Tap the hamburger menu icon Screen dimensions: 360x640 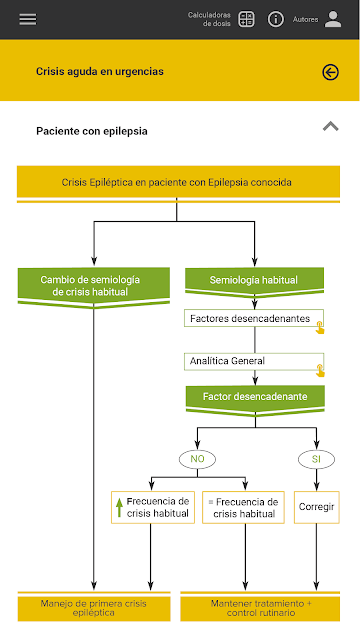28,19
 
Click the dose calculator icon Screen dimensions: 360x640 246,19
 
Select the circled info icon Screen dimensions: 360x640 276,19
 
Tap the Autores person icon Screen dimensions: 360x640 333,19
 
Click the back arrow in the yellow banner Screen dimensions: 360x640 330,72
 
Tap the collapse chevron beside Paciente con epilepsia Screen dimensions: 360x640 331,127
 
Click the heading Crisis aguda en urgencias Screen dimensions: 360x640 100,71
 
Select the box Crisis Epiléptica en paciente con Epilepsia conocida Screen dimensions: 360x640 178,182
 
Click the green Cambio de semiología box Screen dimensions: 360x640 94,285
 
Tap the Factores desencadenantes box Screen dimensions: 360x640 254,318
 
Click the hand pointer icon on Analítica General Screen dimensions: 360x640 320,371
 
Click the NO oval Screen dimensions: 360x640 197,459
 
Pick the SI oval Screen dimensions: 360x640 316,459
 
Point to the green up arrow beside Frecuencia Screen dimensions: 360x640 119,507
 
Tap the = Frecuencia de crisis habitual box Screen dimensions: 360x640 244,507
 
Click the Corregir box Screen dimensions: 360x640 317,507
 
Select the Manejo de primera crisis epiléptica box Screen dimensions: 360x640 94,608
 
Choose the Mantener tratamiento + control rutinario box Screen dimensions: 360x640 260,608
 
